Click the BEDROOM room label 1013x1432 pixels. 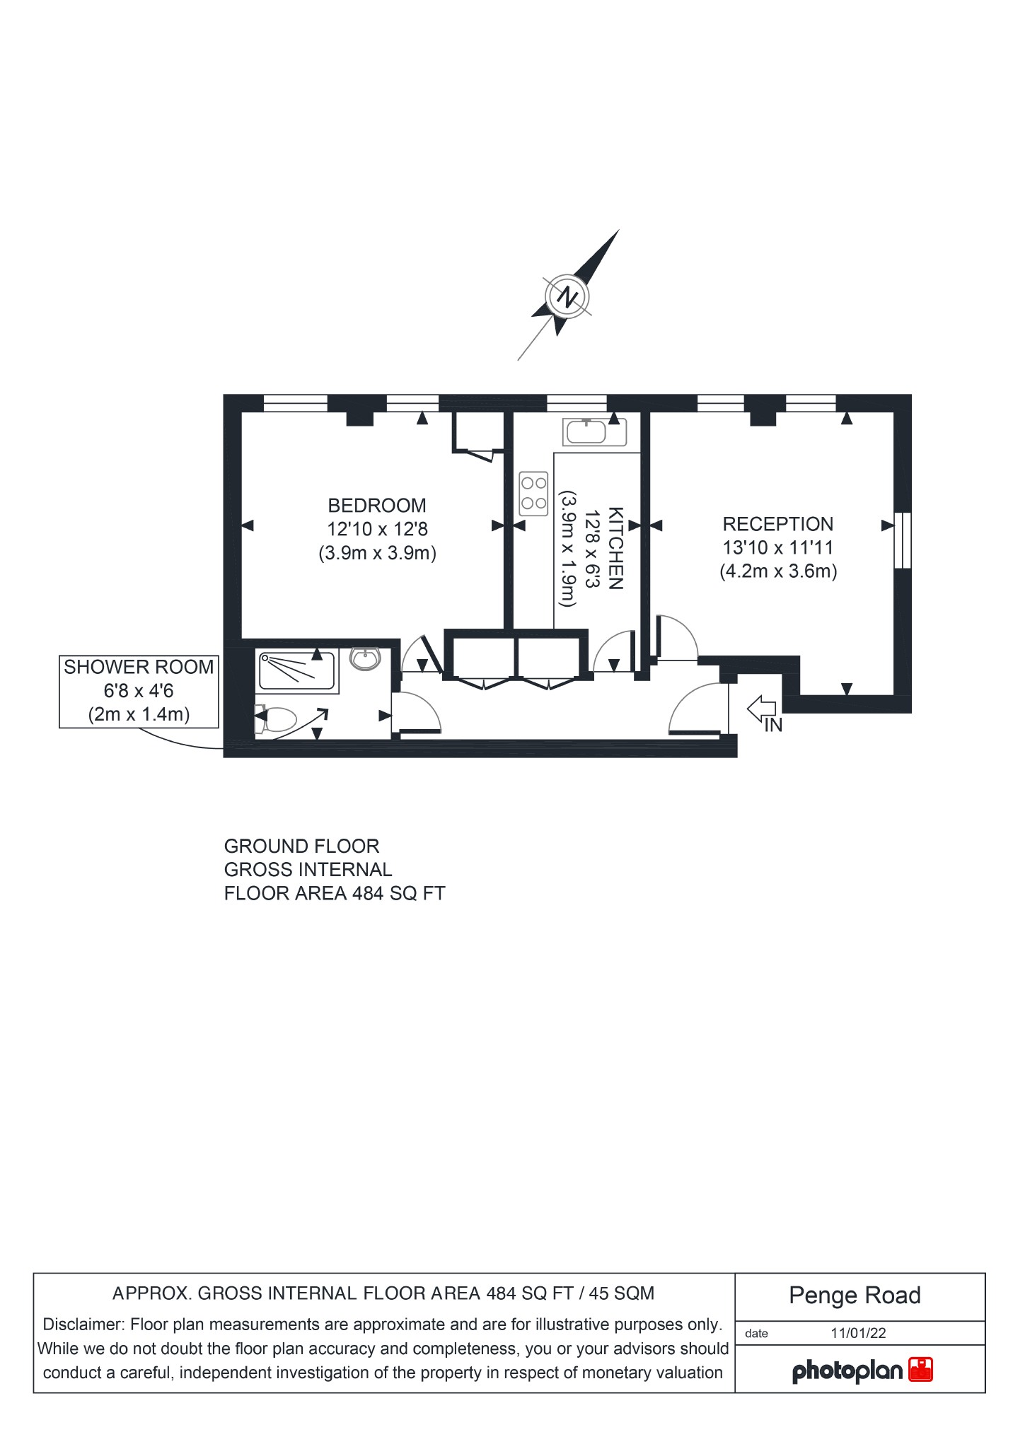(376, 506)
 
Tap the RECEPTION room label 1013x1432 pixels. (777, 524)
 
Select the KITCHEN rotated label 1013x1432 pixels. (615, 548)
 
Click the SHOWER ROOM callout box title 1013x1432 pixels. (139, 667)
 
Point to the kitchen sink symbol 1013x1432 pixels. (586, 431)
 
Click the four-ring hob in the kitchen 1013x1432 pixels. (533, 494)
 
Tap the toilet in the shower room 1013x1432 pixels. (276, 720)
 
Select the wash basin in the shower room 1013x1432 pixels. (366, 659)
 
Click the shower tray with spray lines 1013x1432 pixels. (296, 671)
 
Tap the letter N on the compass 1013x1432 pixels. (567, 296)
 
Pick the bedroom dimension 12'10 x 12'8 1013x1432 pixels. (377, 529)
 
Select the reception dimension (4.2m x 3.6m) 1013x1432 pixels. (778, 571)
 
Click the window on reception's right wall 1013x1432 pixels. (903, 540)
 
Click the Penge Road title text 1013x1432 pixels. (855, 1296)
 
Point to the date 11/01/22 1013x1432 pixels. (858, 1333)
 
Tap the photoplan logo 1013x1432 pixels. (862, 1371)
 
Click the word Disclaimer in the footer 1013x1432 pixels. (83, 1324)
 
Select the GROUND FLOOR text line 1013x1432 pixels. (301, 846)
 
